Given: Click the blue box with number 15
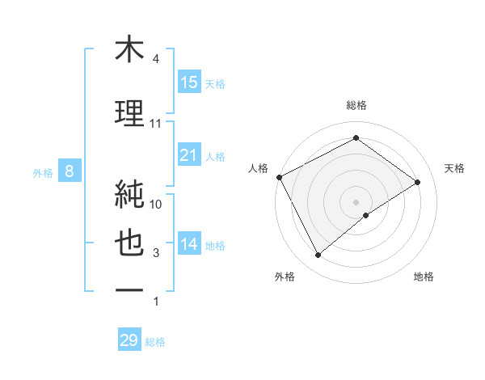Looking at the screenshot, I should pyautogui.click(x=189, y=82).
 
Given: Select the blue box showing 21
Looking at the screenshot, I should pyautogui.click(x=189, y=155).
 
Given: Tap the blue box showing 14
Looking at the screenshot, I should pyautogui.click(x=189, y=244).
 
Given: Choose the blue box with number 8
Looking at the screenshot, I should pyautogui.click(x=70, y=171).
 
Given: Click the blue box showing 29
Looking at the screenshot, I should pyautogui.click(x=129, y=340).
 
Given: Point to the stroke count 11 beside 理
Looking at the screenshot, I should pyautogui.click(x=156, y=124).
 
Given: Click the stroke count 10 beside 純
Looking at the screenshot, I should pyautogui.click(x=157, y=204).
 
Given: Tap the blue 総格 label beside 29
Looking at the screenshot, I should pyautogui.click(x=155, y=342).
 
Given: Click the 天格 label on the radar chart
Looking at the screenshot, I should pyautogui.click(x=454, y=168).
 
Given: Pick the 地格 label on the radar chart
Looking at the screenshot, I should pyautogui.click(x=424, y=277).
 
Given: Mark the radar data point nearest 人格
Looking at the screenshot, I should pyautogui.click(x=279, y=177).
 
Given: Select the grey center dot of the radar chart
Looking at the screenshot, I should pyautogui.click(x=356, y=201).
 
